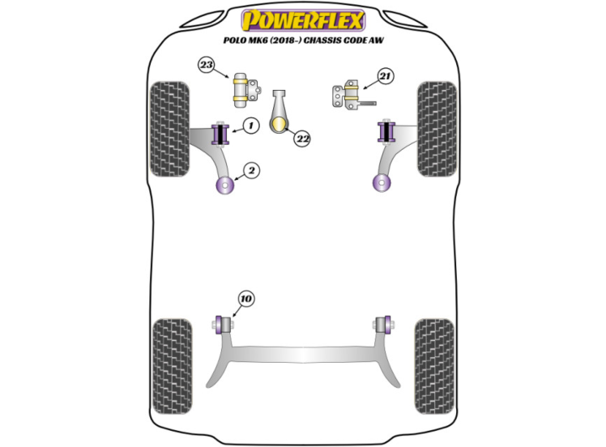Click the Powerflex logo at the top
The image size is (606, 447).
click(304, 19)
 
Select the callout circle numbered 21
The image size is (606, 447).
click(385, 77)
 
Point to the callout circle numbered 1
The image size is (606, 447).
click(251, 126)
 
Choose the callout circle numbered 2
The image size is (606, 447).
click(252, 170)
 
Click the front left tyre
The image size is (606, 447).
click(171, 128)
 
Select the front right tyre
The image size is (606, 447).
click(436, 128)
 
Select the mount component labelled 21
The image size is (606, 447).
click(347, 96)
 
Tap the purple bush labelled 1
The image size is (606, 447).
click(220, 133)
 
